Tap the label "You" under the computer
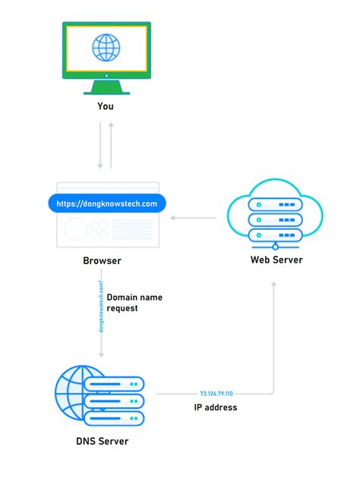106,106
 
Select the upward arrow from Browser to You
111,144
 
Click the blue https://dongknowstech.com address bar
106,203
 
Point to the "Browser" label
102,261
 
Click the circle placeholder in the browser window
75,229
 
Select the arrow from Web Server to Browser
194,219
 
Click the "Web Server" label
276,260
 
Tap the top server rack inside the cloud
276,204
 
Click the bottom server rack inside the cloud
276,235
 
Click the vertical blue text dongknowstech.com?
100,306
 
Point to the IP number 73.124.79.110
216,394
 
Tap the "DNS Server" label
102,441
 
